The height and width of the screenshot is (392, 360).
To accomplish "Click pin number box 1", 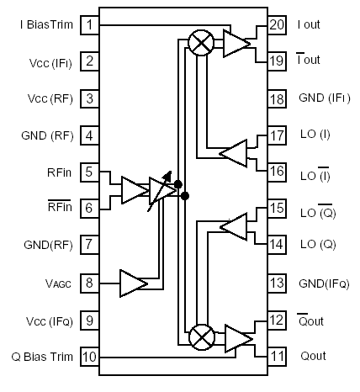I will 88,25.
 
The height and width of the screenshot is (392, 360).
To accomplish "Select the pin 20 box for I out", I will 278,25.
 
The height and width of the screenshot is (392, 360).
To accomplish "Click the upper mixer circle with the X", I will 201,44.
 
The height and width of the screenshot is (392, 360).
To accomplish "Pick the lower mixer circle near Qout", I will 201,338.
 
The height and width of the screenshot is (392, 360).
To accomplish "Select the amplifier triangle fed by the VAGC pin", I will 133,283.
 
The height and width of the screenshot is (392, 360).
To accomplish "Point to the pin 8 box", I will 88,283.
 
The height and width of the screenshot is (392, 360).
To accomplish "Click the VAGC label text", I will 57,284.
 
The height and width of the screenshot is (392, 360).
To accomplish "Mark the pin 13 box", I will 278,283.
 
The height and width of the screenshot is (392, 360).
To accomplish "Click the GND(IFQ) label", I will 322,284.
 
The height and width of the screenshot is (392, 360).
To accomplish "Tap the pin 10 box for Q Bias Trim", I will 88,357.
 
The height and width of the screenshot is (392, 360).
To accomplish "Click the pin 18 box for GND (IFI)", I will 278,98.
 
